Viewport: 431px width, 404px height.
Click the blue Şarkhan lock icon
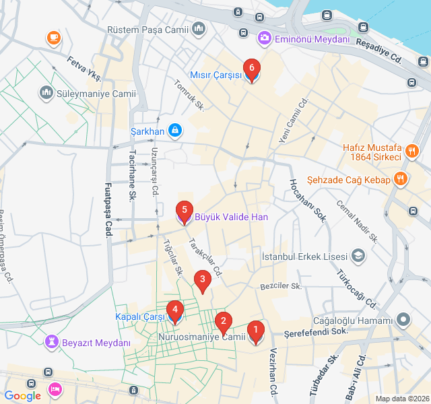174,129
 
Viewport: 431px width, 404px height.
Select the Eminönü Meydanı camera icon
265,38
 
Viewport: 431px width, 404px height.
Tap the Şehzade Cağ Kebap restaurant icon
400,179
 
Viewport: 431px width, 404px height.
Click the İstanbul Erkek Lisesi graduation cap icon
358,257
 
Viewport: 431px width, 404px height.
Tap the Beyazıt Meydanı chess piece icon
51,343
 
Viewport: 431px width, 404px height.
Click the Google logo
22,396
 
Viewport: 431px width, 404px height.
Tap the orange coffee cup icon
52,38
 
